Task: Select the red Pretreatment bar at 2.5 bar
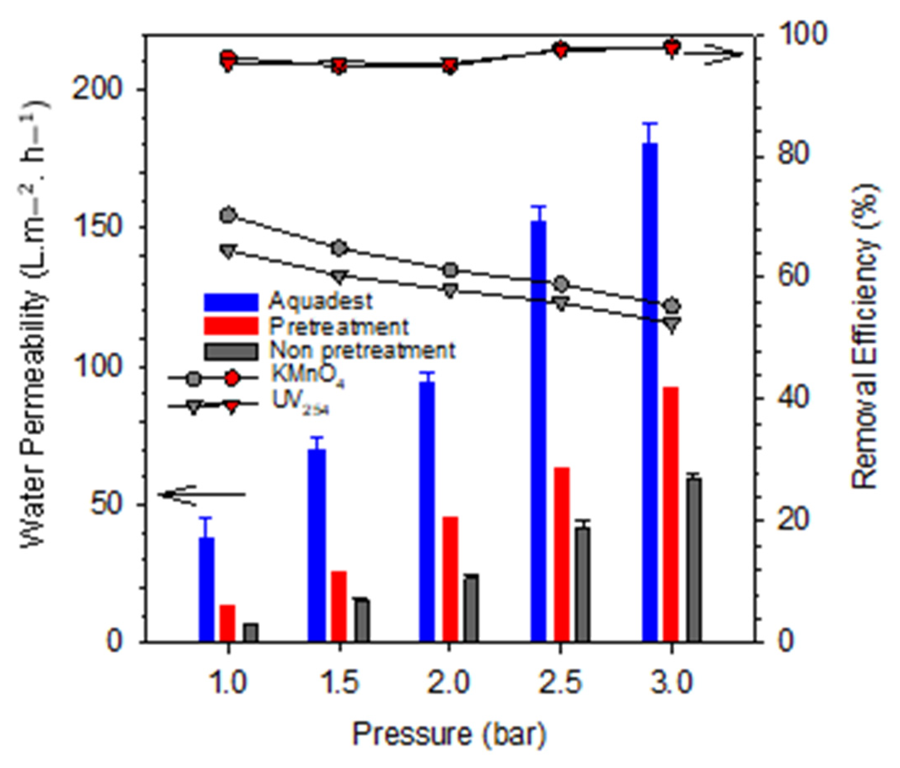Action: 561,554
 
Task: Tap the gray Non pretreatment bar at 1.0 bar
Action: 251,633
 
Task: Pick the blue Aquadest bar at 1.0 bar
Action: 207,590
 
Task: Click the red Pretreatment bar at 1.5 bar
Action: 339,607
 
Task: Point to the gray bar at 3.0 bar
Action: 694,560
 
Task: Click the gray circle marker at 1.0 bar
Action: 228,215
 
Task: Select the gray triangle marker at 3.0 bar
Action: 672,324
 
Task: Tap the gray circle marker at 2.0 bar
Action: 450,271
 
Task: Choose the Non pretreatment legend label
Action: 362,350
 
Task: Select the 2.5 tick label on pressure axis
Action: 561,683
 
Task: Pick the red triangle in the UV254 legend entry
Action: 232,407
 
